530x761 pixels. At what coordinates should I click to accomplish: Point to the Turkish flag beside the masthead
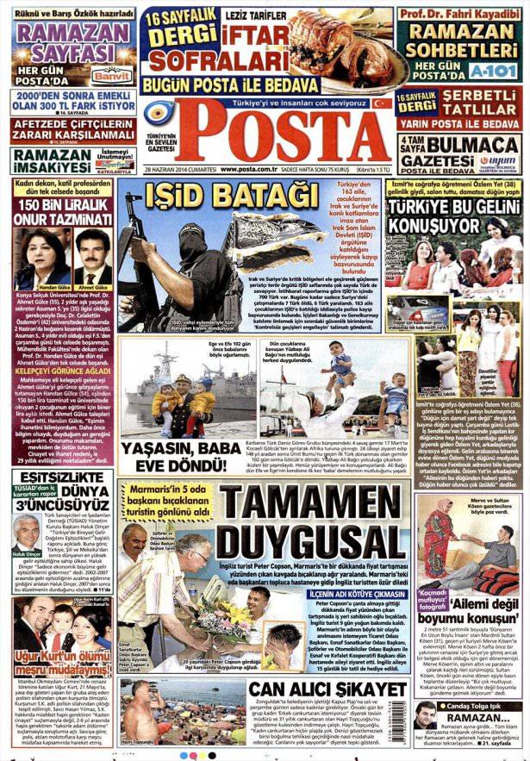pos(382,103)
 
